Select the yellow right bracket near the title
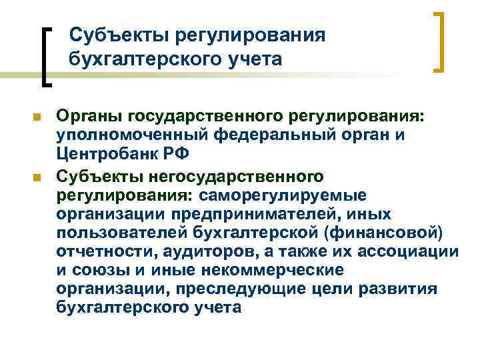pyautogui.click(x=441, y=41)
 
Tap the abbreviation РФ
pyautogui.click(x=176, y=156)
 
